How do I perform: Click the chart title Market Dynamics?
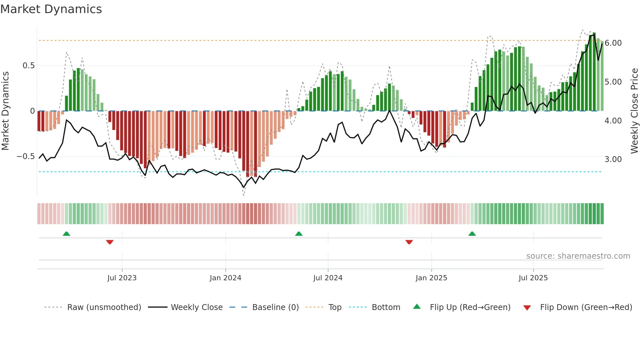tap(51, 9)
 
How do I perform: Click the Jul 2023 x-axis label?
tap(122, 278)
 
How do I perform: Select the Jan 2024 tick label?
tap(225, 278)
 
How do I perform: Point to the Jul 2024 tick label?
tap(328, 278)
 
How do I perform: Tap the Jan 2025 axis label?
tap(431, 278)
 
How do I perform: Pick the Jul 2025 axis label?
tap(533, 278)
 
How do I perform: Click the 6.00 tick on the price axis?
tap(613, 43)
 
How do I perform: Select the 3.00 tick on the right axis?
tap(613, 159)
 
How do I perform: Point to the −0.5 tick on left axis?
tap(25, 156)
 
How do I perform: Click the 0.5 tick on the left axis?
tap(28, 66)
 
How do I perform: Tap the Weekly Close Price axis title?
tap(634, 111)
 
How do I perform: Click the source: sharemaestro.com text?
tap(578, 256)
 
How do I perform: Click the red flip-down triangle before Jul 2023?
tap(110, 242)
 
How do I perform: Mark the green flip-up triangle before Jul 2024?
tap(299, 234)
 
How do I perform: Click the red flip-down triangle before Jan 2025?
tap(409, 242)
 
